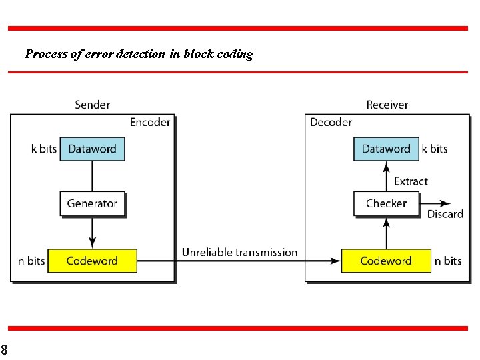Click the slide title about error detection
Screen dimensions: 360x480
139,54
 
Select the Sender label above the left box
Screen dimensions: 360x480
92,105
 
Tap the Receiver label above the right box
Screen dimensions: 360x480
387,105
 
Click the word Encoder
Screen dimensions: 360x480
150,122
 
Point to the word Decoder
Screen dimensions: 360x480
331,122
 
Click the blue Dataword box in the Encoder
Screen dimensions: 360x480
92,149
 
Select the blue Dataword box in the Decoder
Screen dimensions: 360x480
386,149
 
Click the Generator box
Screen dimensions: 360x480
92,203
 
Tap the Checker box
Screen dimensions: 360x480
386,203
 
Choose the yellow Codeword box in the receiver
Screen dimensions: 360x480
386,261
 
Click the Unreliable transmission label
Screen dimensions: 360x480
239,252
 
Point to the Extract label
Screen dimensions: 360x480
411,181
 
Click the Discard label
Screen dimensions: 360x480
445,214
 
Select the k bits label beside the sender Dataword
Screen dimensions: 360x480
44,149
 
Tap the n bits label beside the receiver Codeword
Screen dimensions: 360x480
448,261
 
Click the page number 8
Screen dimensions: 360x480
4,349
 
